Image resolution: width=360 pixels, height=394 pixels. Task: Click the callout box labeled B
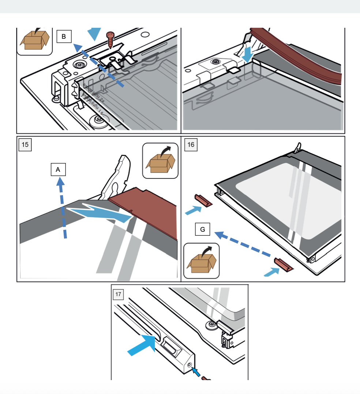tap(64, 37)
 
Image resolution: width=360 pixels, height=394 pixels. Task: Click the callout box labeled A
tap(58, 169)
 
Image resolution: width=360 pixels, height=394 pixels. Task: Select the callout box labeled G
tap(203, 230)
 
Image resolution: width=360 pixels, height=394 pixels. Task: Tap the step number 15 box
tap(25, 144)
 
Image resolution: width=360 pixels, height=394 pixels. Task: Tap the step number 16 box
tap(191, 144)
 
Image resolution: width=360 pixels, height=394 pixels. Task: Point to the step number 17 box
tap(118, 293)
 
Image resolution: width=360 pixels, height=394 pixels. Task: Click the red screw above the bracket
tap(110, 38)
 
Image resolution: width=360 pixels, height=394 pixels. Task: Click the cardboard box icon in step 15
tap(160, 161)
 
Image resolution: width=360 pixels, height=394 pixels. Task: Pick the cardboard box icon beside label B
tap(34, 39)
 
